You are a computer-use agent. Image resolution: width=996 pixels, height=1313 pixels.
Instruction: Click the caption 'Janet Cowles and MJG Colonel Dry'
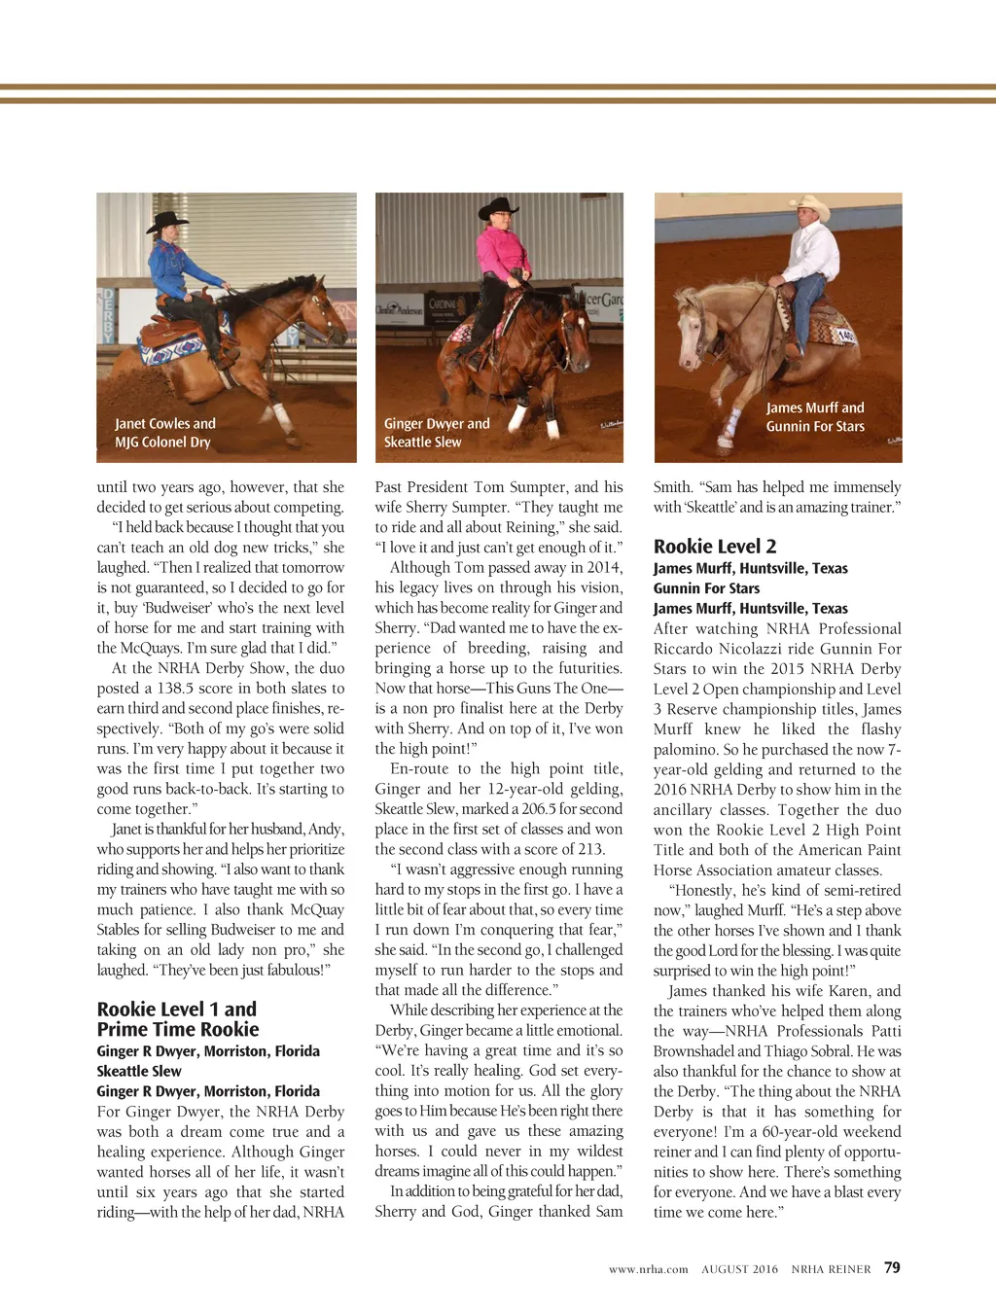pyautogui.click(x=164, y=433)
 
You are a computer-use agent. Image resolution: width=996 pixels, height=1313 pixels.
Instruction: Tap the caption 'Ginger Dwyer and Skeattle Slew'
pyautogui.click(x=437, y=433)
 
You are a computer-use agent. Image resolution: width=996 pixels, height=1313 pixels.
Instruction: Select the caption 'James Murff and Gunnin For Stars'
pyautogui.click(x=815, y=417)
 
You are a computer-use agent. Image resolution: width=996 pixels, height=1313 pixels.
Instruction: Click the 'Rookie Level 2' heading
pyautogui.click(x=715, y=547)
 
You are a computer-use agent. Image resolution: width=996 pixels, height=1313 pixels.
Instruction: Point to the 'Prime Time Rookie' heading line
pyautogui.click(x=178, y=1030)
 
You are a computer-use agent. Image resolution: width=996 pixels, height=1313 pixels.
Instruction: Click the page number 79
pyautogui.click(x=892, y=1267)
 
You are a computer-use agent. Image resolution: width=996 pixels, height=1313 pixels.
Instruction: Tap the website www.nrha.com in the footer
pyautogui.click(x=648, y=1269)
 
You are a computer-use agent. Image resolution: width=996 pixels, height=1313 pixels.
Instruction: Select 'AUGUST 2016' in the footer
pyautogui.click(x=739, y=1269)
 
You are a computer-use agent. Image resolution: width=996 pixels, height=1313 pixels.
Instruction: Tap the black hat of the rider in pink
pyautogui.click(x=499, y=207)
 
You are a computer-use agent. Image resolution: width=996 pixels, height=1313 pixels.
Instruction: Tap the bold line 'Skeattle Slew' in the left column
pyautogui.click(x=139, y=1071)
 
